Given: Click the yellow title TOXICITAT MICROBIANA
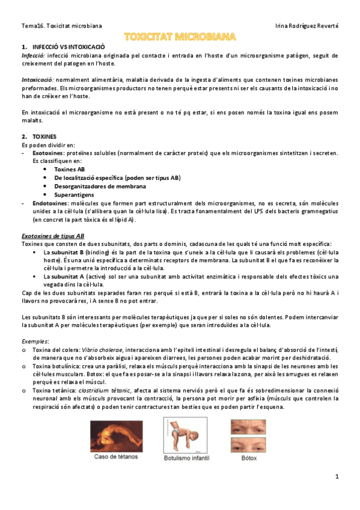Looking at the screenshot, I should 180,37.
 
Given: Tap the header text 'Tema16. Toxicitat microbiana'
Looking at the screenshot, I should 61,26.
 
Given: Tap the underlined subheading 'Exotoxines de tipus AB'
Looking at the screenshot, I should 53,236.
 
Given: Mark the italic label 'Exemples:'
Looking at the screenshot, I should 35,341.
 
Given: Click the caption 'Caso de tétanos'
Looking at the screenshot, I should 116,456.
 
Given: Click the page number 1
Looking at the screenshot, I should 337,477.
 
